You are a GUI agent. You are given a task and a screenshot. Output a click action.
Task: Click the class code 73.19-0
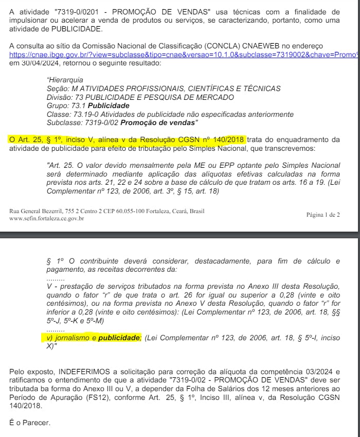pyautogui.click(x=81, y=114)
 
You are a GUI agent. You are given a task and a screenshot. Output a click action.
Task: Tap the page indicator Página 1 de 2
pyautogui.click(x=323, y=214)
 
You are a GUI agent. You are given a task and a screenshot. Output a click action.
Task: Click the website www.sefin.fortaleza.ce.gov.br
pyautogui.click(x=46, y=218)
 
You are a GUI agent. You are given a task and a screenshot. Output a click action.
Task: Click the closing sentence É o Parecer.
pyautogui.click(x=30, y=423)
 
